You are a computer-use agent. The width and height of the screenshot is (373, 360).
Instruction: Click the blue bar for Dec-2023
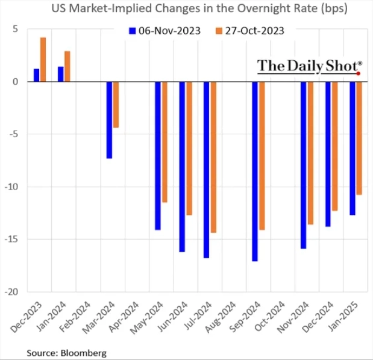click(x=37, y=75)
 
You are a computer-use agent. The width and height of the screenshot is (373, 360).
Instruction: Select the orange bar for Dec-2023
click(x=43, y=60)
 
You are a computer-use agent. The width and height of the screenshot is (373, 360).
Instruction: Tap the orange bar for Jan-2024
click(x=67, y=66)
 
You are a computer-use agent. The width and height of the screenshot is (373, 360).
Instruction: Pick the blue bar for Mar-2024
click(x=109, y=120)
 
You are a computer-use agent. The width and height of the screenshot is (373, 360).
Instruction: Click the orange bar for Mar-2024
click(x=116, y=105)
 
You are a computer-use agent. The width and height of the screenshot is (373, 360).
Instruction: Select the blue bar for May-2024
click(x=158, y=155)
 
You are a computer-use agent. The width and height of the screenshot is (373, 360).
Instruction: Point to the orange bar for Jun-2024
click(x=189, y=148)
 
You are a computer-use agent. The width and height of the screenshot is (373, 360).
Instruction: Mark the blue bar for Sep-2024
click(x=255, y=171)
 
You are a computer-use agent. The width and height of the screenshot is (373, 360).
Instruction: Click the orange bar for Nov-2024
click(x=310, y=153)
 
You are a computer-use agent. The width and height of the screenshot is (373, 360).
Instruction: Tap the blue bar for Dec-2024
click(x=328, y=154)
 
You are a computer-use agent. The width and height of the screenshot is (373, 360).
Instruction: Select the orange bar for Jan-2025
click(x=359, y=138)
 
